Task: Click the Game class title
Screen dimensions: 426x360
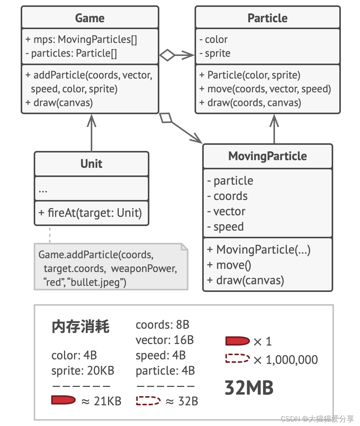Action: [x=90, y=18]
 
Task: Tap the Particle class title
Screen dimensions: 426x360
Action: [x=267, y=18]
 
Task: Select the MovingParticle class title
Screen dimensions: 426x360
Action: [x=267, y=156]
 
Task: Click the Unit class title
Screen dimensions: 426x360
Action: [x=91, y=164]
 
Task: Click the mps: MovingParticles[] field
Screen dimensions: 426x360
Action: [x=81, y=39]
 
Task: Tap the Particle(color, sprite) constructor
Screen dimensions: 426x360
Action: [x=250, y=75]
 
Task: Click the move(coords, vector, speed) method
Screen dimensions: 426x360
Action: [x=265, y=89]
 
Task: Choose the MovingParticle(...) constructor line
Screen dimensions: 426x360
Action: [x=259, y=250]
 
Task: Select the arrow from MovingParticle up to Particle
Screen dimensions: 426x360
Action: [x=274, y=128]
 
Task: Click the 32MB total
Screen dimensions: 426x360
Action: [x=249, y=388]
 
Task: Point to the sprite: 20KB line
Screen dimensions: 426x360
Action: [x=83, y=370]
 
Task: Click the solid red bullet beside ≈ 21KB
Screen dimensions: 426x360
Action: [x=63, y=401]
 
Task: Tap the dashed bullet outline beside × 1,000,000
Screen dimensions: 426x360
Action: [x=237, y=359]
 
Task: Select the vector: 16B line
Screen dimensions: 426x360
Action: [x=165, y=340]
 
